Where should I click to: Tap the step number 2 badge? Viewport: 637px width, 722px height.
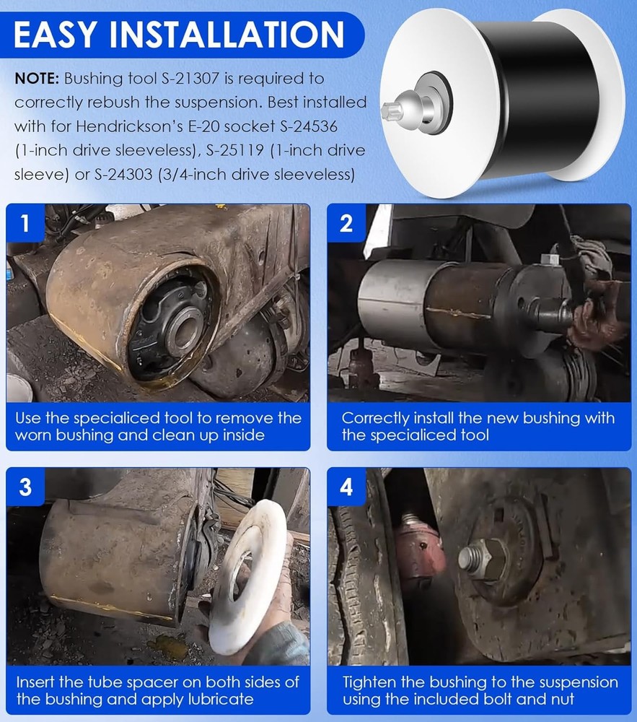pyautogui.click(x=346, y=223)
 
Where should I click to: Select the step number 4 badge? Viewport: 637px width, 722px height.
pyautogui.click(x=346, y=487)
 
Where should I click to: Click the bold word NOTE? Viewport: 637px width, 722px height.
pyautogui.click(x=37, y=78)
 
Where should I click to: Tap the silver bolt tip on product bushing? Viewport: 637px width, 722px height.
pyautogui.click(x=393, y=110)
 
